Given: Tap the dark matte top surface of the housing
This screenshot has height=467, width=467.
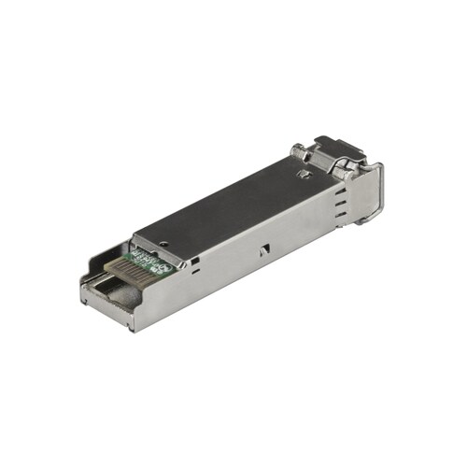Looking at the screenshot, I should click(x=233, y=196).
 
